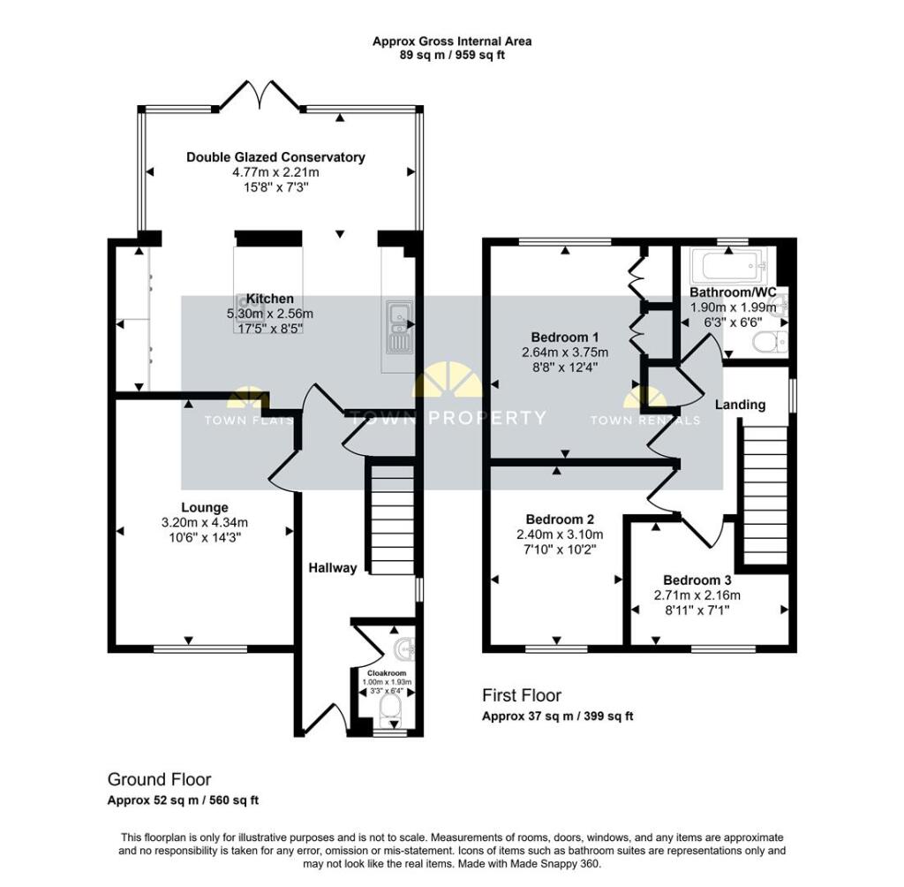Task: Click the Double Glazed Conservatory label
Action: (x=275, y=157)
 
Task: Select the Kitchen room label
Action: (x=269, y=299)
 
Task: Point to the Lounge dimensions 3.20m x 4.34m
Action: (x=205, y=521)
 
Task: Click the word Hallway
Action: (x=333, y=567)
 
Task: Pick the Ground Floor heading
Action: (x=159, y=779)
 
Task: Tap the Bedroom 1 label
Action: (x=565, y=337)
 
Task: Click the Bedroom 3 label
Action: (x=697, y=580)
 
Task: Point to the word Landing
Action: (x=740, y=405)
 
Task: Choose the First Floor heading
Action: (x=521, y=695)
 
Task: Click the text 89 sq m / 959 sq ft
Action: (x=451, y=55)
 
